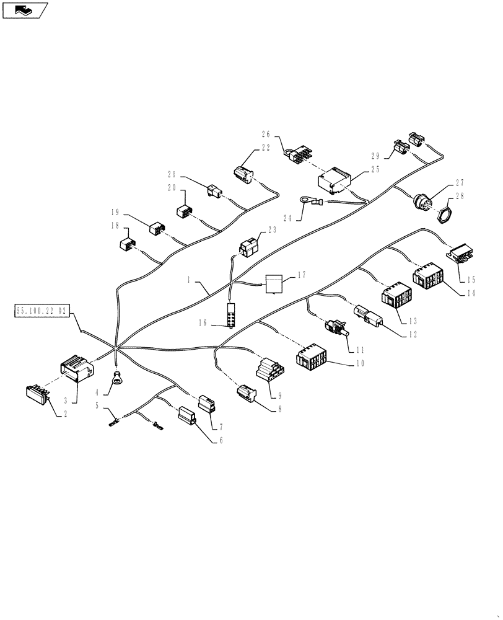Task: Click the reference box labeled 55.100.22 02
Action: (x=42, y=310)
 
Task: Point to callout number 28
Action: (x=460, y=196)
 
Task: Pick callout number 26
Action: (x=266, y=133)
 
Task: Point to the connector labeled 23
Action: (x=250, y=247)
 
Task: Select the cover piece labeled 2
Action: (x=37, y=395)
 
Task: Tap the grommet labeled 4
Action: (x=116, y=378)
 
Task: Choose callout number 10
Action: (x=360, y=363)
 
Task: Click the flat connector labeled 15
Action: (x=460, y=253)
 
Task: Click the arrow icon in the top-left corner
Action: (x=25, y=10)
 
